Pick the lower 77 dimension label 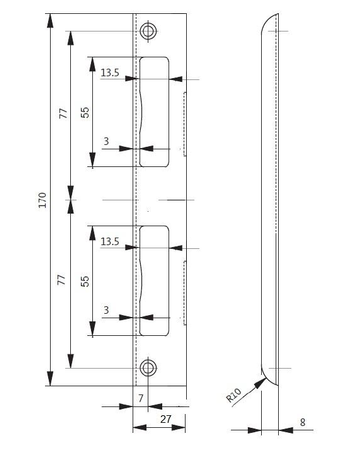click(x=63, y=281)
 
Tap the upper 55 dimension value click(x=86, y=113)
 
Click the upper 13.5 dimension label click(x=110, y=72)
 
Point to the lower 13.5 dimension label click(x=110, y=240)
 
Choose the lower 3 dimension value click(x=106, y=311)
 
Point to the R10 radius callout click(x=234, y=397)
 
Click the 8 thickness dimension click(x=302, y=422)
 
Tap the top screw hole click(x=148, y=32)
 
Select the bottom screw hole click(x=148, y=366)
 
